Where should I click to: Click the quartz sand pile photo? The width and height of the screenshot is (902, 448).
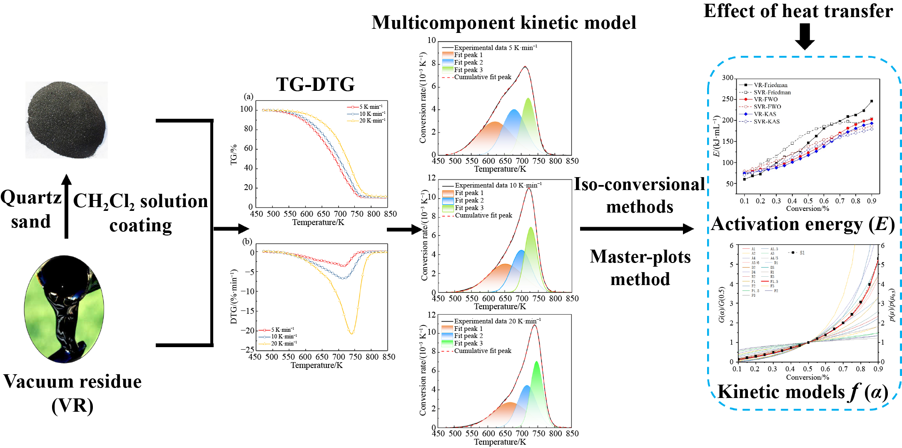[67, 120]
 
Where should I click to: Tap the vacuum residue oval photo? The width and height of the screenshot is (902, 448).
[64, 309]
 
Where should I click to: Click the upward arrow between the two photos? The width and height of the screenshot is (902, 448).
[66, 207]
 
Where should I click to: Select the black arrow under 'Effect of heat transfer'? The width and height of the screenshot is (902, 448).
[805, 36]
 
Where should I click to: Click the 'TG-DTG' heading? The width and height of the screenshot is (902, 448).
[315, 84]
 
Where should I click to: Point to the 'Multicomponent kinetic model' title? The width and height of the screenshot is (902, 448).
[504, 23]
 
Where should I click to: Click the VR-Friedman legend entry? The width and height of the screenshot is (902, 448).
[770, 85]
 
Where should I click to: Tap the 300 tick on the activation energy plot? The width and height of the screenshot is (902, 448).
[728, 78]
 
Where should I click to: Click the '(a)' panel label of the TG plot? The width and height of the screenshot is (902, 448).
[248, 97]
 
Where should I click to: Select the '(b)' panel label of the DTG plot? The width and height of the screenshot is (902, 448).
[247, 241]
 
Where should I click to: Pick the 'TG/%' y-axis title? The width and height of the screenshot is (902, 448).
[234, 155]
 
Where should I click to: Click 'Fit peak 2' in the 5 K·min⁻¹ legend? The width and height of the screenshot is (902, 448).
[468, 63]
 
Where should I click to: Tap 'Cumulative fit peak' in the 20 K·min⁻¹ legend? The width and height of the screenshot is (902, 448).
[482, 351]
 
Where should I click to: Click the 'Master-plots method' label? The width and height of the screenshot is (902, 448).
[640, 268]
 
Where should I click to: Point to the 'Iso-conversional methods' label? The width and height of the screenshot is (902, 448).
[640, 195]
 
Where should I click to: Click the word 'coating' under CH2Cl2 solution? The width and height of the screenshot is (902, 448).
[140, 225]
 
